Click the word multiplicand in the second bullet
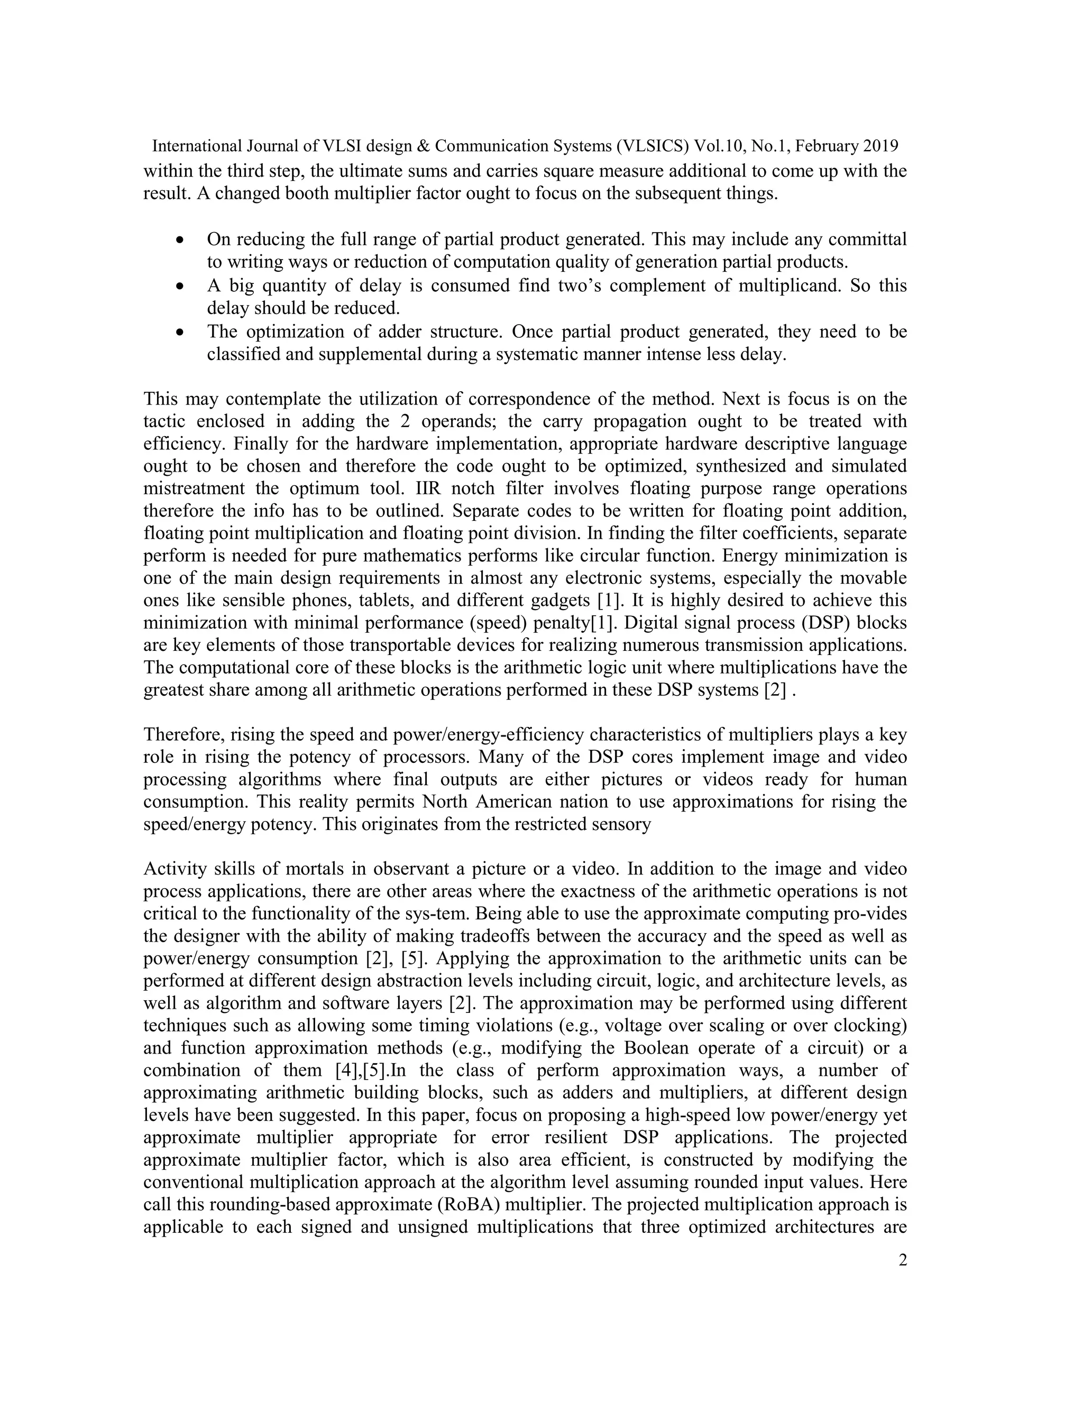click(789, 285)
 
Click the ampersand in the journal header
click(423, 146)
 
